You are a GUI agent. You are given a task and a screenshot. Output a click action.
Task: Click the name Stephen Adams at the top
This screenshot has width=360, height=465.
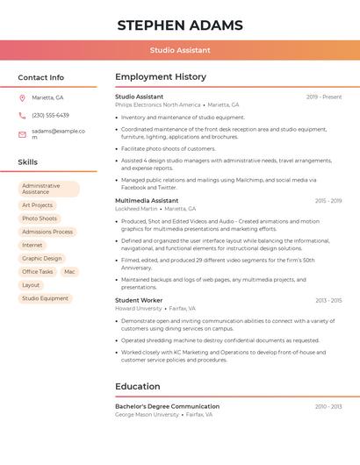click(180, 25)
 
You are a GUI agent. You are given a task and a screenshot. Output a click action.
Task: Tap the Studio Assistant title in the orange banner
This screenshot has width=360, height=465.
click(180, 51)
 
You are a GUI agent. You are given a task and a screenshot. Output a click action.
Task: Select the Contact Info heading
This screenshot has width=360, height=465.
click(41, 77)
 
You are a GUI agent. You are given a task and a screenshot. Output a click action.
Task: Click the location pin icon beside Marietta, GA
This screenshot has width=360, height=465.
click(22, 97)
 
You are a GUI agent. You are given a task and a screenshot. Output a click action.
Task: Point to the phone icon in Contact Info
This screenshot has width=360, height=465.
click(22, 115)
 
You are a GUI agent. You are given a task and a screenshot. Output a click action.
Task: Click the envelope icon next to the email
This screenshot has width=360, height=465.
click(22, 134)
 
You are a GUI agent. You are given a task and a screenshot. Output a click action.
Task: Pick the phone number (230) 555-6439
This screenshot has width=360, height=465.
click(50, 115)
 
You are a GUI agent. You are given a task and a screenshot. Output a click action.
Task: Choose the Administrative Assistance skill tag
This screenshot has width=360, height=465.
click(48, 189)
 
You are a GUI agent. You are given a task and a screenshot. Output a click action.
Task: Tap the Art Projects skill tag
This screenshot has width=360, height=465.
click(38, 205)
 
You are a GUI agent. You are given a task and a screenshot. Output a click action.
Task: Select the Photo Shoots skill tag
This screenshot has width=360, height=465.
click(40, 218)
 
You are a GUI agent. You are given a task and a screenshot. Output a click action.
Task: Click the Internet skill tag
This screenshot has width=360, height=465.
click(32, 245)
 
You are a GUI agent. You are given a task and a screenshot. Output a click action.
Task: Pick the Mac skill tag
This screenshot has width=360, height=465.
click(69, 272)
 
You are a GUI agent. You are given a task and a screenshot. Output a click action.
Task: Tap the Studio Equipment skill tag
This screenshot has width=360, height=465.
click(45, 298)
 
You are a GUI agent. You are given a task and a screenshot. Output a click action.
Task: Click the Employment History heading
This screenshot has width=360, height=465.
click(161, 77)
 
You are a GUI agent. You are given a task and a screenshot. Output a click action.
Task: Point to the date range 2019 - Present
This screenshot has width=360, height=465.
click(324, 97)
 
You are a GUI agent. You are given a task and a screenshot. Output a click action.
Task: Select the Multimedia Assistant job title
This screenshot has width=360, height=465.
click(147, 201)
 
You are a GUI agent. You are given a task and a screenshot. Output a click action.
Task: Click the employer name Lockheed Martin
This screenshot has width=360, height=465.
click(136, 209)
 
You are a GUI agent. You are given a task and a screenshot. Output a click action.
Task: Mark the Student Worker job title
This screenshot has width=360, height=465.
click(139, 300)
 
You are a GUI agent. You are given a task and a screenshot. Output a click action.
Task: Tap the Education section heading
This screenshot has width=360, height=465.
click(138, 386)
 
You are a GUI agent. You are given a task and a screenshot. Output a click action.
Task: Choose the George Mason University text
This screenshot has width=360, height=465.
click(147, 414)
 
